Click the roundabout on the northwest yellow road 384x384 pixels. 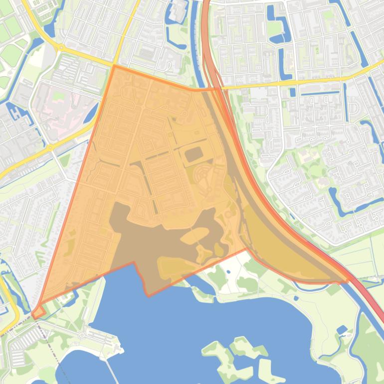[61, 47]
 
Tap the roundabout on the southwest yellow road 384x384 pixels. [50, 148]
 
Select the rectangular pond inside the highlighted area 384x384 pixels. [194, 155]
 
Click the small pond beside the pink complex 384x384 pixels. [91, 114]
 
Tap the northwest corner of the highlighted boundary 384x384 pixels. [114, 66]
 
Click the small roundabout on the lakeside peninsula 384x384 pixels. [81, 335]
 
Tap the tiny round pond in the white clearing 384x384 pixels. [228, 272]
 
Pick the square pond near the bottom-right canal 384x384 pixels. [342, 330]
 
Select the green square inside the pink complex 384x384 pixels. [59, 95]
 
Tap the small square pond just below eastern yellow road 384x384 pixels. [292, 92]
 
